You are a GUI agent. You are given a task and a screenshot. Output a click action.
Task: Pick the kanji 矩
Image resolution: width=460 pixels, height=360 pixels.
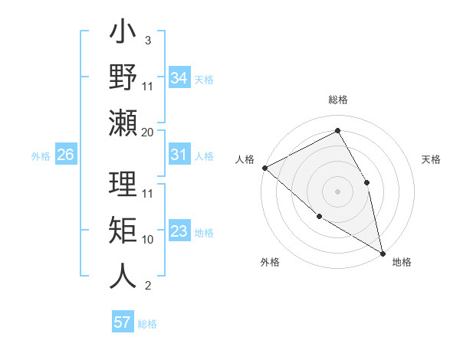123,232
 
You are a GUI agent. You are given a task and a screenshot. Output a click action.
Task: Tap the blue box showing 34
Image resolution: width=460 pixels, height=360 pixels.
179,78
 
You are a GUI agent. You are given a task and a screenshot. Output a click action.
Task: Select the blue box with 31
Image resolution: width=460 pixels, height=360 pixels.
179,155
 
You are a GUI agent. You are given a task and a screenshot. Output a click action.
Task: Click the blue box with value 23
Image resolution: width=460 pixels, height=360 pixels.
179,231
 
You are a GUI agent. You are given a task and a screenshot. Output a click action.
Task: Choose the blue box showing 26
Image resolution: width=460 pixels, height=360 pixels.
65,155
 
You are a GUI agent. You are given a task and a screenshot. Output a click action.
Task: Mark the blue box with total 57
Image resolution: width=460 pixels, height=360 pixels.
123,322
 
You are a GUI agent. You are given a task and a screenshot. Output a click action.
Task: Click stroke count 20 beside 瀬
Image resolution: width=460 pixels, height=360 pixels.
147,133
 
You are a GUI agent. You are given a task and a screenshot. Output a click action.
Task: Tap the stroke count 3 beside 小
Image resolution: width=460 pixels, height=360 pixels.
147,39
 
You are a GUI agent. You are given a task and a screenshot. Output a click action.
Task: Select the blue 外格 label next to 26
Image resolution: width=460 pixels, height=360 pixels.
41,156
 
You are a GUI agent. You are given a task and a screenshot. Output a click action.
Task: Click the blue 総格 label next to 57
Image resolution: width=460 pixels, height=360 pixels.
147,324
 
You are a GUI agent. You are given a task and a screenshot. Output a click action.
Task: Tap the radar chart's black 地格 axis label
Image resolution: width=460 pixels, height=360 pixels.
402,263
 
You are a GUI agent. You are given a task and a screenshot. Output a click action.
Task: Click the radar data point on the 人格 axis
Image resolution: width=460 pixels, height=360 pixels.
264,168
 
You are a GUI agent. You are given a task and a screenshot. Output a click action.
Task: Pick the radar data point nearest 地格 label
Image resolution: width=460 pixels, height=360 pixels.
381,252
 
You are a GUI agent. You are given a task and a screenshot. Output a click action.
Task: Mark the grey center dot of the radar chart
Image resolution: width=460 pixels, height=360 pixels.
337,191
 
